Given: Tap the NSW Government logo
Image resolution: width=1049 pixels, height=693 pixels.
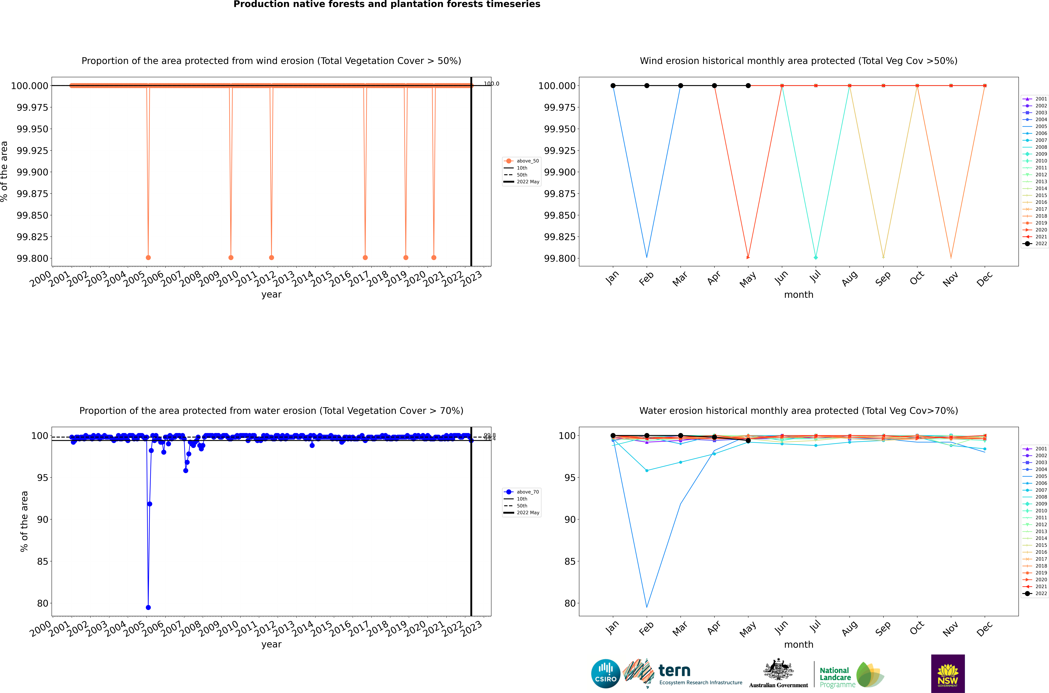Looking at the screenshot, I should pos(948,674).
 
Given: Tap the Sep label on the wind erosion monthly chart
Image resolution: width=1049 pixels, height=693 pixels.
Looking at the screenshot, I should pos(883,278).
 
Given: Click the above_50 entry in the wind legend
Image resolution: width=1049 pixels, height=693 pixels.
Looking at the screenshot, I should pos(527,161).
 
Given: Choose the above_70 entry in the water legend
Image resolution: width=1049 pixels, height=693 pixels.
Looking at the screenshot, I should pos(527,492).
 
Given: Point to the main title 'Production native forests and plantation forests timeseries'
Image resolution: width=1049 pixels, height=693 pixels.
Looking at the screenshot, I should pos(387,4).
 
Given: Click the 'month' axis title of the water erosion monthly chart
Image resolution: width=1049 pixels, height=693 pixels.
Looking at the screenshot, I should pos(798,644).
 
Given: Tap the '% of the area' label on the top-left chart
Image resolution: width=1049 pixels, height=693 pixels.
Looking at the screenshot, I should pos(4,171).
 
